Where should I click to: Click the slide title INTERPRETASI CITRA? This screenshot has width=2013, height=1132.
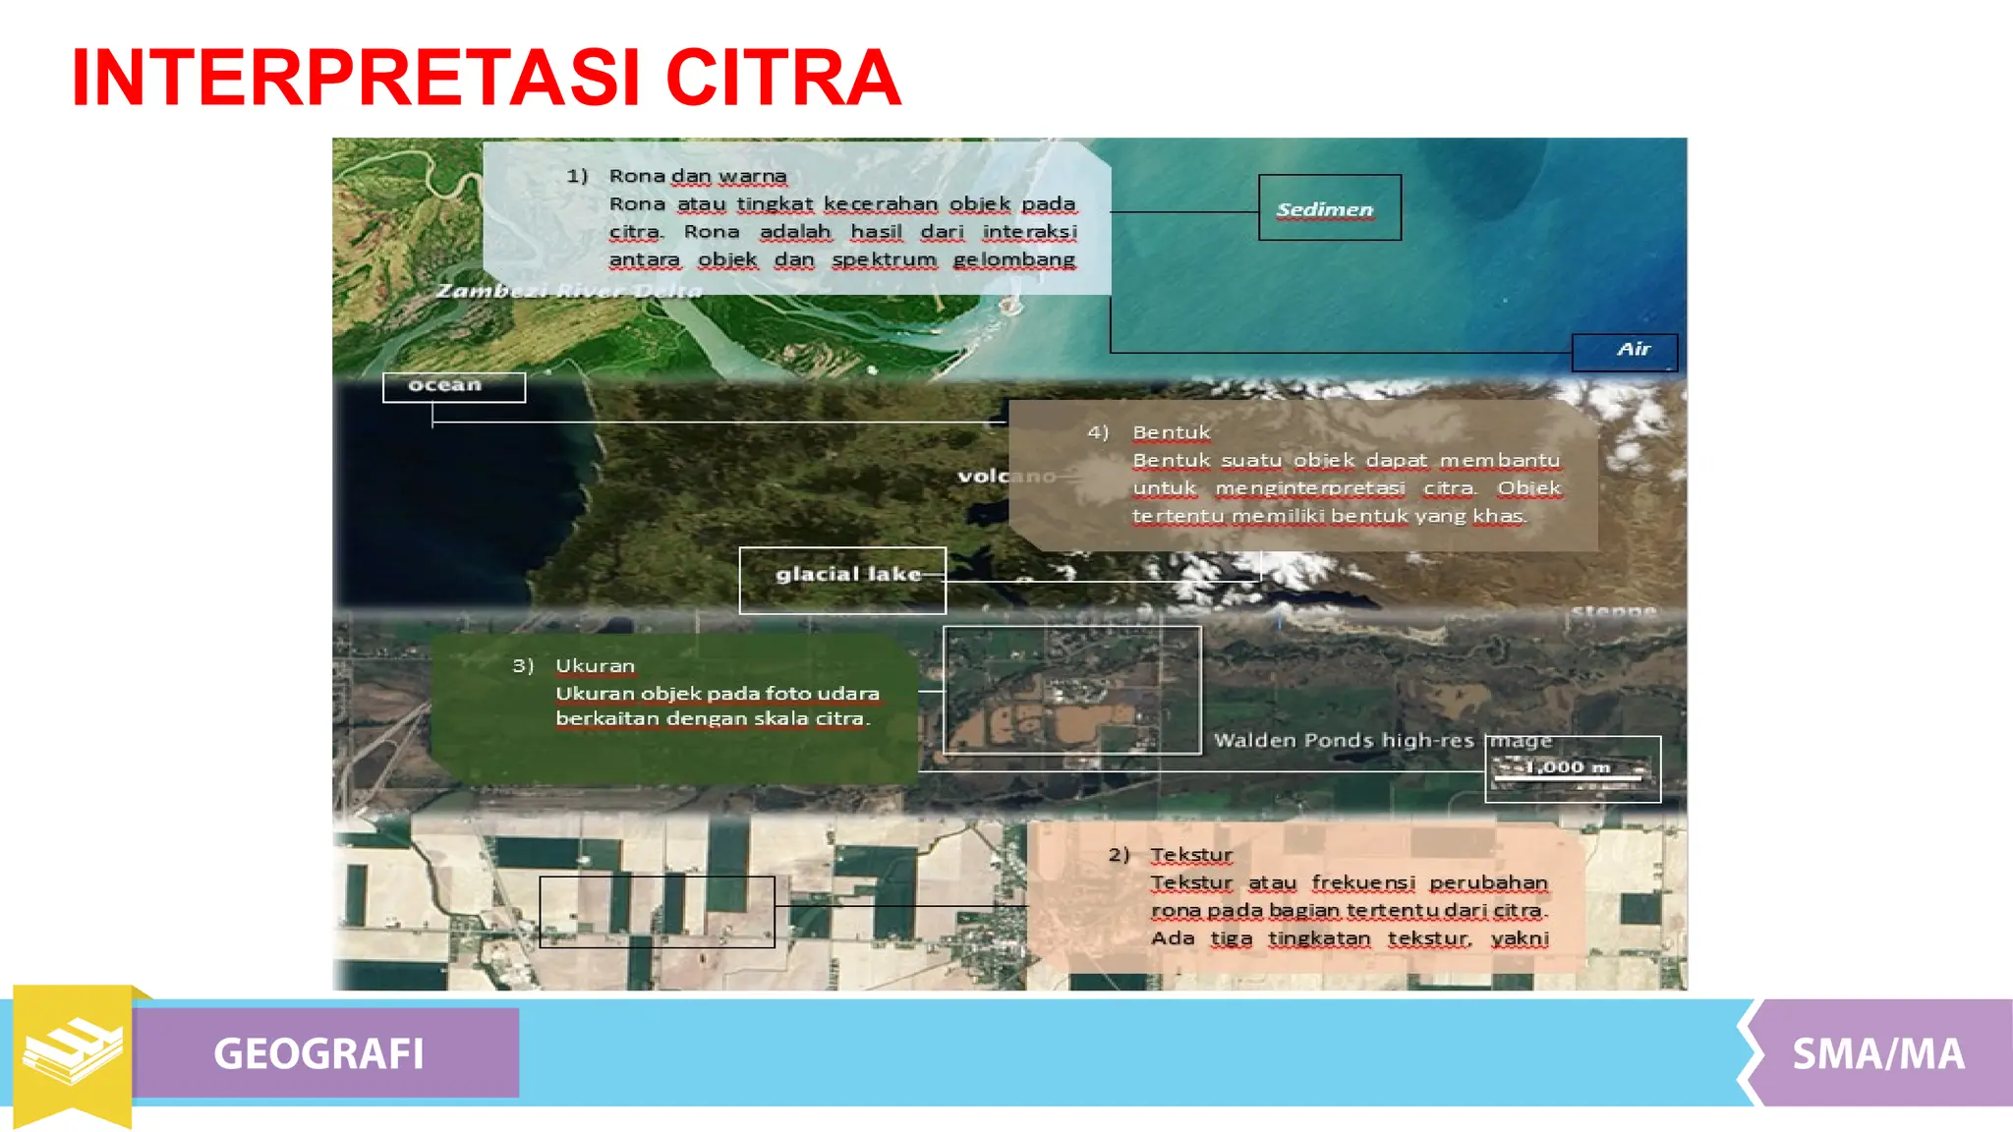click(487, 78)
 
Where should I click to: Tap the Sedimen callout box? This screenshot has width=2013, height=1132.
click(1329, 208)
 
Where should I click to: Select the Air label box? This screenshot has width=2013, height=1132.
click(1625, 351)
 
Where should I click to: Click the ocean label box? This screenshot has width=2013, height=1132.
click(453, 386)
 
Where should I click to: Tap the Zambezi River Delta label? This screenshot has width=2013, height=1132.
click(569, 291)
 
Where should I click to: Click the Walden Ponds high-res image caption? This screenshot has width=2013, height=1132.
click(1382, 741)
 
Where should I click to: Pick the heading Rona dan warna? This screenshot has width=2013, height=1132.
click(697, 176)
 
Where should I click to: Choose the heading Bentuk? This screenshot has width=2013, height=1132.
click(1171, 432)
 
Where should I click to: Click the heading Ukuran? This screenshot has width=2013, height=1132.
click(595, 666)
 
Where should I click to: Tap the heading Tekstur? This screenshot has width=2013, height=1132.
click(1191, 855)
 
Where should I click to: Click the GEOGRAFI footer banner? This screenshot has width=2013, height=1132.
click(319, 1053)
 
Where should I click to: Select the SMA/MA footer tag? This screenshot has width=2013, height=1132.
click(1877, 1053)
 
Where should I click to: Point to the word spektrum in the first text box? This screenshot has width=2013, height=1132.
click(884, 259)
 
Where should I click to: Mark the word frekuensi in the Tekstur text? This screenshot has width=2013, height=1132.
click(1362, 882)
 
